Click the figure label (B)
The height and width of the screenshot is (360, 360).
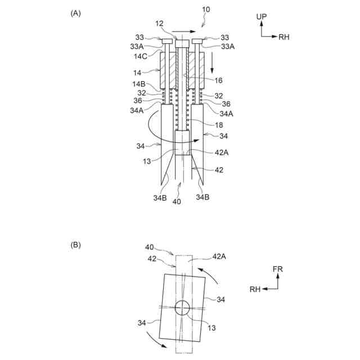pos(75,245)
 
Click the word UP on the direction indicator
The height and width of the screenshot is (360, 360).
pos(262,17)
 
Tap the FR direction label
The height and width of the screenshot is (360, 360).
pos(277,269)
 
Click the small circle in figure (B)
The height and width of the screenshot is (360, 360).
pos(182,307)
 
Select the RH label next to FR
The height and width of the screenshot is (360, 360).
pos(255,289)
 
